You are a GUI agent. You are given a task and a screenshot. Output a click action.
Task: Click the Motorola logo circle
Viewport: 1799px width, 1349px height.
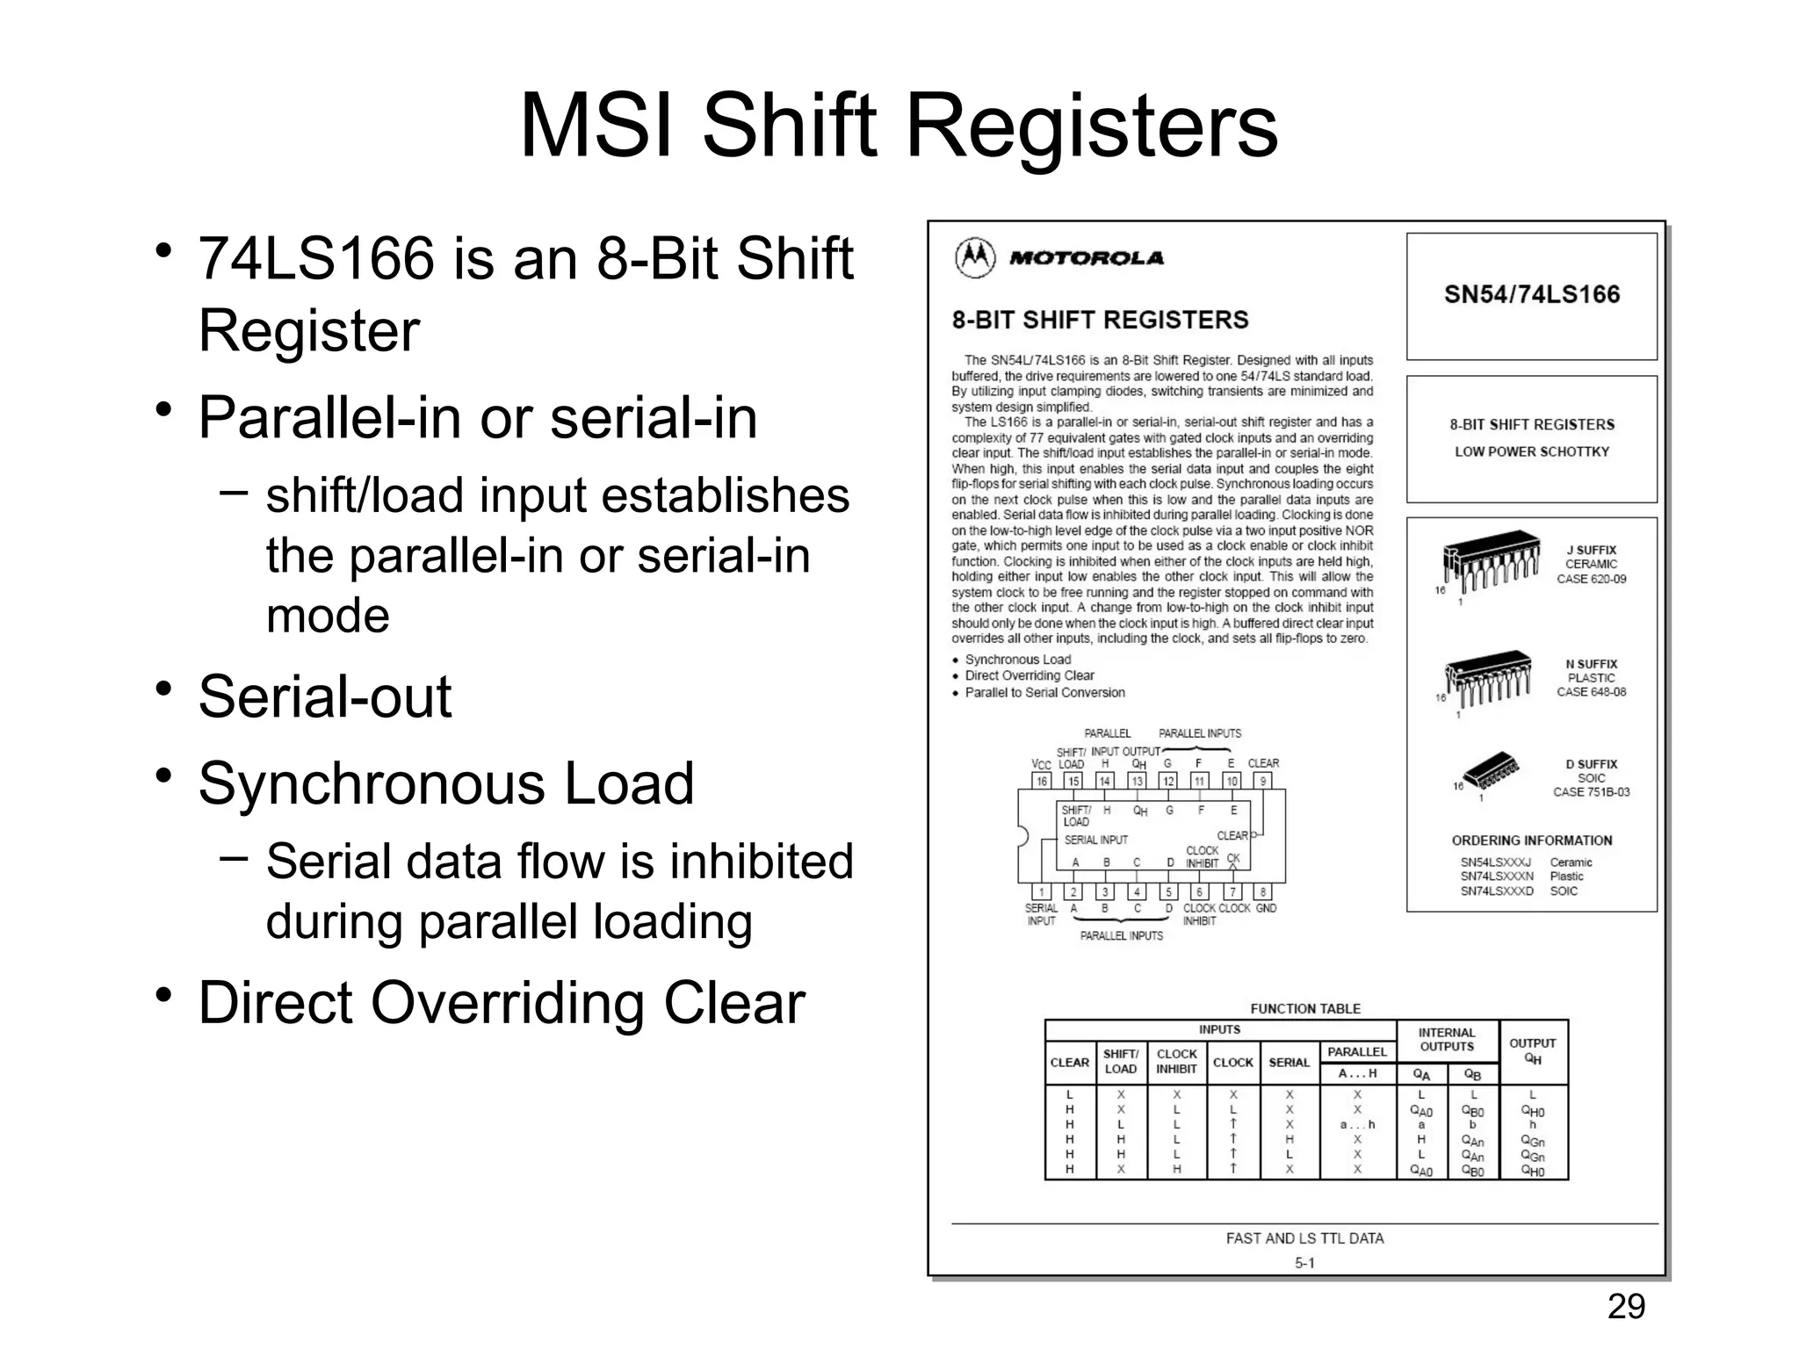pos(974,257)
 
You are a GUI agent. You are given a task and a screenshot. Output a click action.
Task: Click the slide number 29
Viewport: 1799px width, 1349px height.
pos(1626,1307)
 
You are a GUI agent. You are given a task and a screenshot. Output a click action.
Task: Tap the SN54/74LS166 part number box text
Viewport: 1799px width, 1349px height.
pos(1531,294)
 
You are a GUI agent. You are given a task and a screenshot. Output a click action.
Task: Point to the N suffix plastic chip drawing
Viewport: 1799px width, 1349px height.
pos(1489,677)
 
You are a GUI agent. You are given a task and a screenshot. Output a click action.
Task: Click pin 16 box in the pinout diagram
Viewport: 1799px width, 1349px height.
pos(1042,781)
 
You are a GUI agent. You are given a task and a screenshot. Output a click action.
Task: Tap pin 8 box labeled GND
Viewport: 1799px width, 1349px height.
pos(1263,892)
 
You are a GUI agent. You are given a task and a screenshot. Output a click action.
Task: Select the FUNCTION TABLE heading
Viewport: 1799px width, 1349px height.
pos(1305,1009)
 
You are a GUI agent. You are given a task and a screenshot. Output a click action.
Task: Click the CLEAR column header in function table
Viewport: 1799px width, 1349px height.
pos(1069,1063)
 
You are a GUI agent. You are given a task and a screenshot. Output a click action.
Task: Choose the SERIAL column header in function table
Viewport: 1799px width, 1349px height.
pos(1289,1063)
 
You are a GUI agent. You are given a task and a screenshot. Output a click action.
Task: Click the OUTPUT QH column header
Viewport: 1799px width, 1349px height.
pos(1532,1050)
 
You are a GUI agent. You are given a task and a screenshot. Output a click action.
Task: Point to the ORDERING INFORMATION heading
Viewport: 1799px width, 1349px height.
pos(1531,840)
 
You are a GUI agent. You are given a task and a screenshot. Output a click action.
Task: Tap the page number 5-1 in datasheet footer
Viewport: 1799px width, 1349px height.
pos(1304,1263)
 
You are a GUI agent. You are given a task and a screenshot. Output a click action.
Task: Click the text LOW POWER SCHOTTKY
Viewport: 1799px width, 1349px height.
pos(1531,451)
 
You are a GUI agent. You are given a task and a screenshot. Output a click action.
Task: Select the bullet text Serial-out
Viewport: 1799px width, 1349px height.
pos(325,696)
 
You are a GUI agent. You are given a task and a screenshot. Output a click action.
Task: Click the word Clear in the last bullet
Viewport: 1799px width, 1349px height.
pos(733,1003)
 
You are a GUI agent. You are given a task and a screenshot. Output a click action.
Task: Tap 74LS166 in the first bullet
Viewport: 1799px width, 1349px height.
pos(316,259)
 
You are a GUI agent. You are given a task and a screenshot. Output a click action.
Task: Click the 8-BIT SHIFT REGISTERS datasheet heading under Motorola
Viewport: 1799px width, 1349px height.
pos(1100,320)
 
